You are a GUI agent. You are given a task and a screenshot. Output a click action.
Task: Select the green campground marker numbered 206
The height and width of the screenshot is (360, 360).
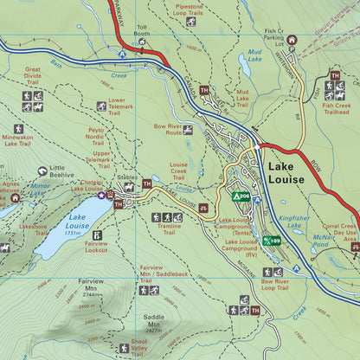coord(241,196)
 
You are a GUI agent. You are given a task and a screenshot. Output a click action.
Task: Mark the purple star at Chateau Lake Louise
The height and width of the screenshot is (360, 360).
coord(100,196)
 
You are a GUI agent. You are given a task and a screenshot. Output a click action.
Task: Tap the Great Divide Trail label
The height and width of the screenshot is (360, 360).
coord(34,75)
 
